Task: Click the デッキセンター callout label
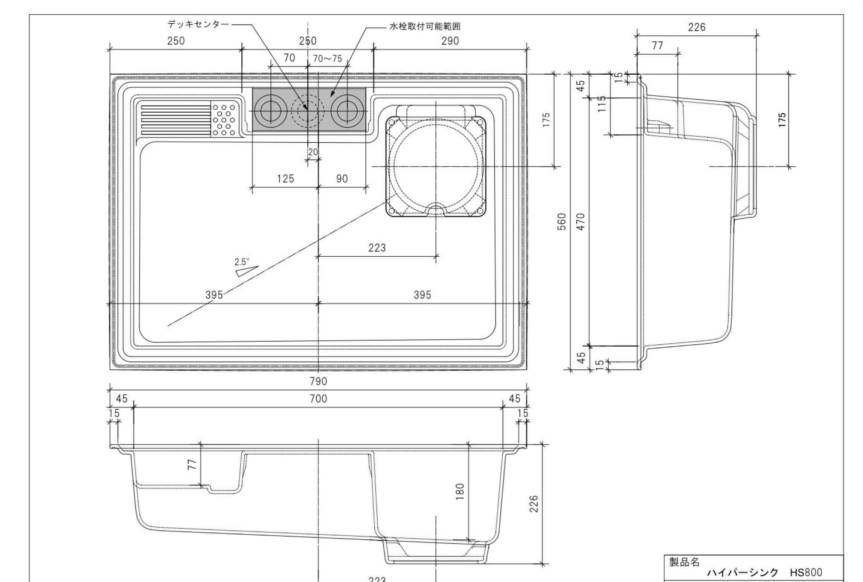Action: pos(198,24)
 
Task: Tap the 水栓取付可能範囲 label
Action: pos(425,27)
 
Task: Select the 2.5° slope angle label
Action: pos(242,262)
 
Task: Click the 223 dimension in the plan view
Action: pos(377,248)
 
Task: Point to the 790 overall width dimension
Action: pos(319,381)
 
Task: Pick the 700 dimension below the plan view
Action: pos(319,398)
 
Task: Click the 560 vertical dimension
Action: pos(561,222)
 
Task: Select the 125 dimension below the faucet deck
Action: pos(285,178)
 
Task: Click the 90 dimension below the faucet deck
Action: pos(342,178)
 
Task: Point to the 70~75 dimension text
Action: pos(328,58)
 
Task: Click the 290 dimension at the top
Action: pos(450,41)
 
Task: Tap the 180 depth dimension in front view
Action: pos(460,491)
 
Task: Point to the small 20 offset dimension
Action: pos(313,152)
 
